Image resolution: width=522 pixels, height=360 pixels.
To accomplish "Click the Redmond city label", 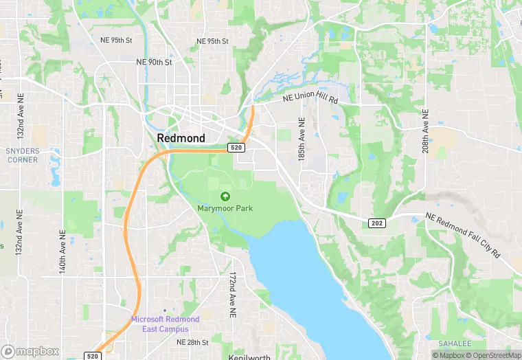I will tap(181, 138).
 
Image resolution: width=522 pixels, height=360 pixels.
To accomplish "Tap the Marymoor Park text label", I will tap(225, 208).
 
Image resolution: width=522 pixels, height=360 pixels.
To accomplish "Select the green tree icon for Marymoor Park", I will tap(225, 197).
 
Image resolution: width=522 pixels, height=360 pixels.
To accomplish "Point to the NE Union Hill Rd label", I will tap(311, 99).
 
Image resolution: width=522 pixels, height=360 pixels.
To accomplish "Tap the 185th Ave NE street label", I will tap(301, 139).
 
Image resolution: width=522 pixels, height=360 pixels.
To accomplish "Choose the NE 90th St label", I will tap(154, 62).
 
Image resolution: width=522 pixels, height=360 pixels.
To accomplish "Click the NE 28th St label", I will tap(192, 341).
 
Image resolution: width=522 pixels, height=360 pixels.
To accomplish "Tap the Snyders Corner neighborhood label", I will tap(23, 155).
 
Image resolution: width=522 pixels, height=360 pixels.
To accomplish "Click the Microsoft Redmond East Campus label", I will tap(166, 323).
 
